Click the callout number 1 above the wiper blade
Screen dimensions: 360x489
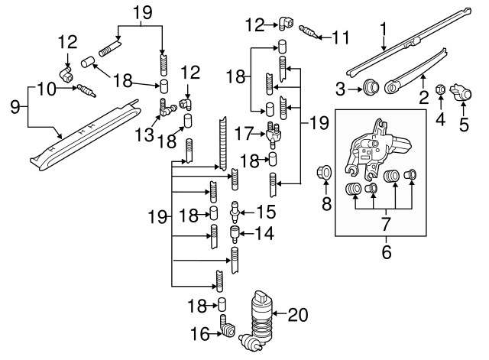(x=383, y=31)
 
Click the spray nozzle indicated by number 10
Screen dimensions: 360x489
(x=84, y=92)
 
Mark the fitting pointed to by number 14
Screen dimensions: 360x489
(x=235, y=231)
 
